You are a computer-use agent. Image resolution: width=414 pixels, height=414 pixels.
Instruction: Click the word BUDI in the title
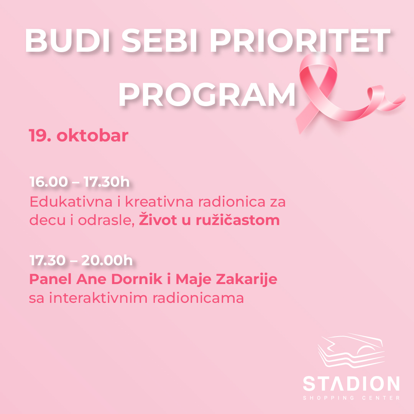coord(67,41)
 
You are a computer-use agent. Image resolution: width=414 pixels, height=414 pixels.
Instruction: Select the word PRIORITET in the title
coord(300,41)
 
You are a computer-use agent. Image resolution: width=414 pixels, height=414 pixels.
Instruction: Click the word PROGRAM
coord(207,95)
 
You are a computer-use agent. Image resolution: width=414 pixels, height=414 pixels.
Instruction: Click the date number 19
coord(40,136)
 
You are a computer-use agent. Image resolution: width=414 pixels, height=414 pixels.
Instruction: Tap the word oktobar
coord(92,135)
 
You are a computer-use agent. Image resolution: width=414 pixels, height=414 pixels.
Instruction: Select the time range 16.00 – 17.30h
coord(79,182)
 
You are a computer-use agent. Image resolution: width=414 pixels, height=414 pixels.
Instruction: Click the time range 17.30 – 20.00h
coord(81,260)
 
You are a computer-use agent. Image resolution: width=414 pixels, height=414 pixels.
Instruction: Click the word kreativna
coord(159,202)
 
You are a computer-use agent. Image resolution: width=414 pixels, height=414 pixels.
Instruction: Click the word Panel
coord(51,279)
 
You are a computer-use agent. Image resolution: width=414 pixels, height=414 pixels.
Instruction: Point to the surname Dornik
coord(136,279)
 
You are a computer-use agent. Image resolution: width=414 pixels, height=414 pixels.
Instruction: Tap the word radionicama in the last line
coord(198,298)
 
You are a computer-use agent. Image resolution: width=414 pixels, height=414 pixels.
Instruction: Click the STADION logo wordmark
coord(351,384)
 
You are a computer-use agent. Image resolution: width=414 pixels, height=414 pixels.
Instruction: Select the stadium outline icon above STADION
coord(351,351)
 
